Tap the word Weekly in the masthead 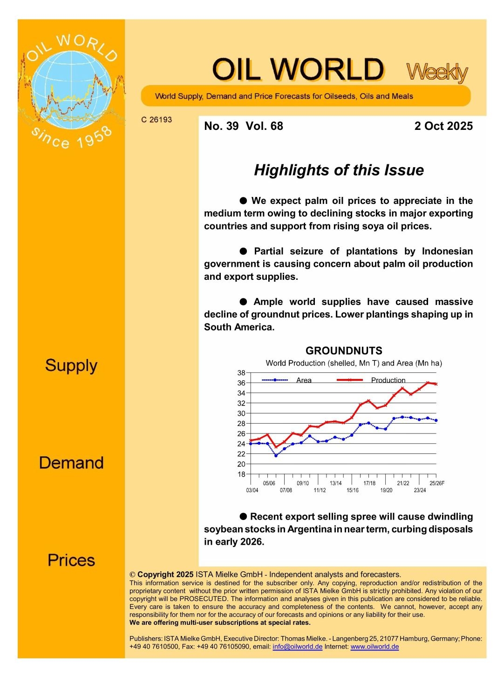tap(437, 72)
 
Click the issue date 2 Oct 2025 tap(443, 126)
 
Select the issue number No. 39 tap(221, 126)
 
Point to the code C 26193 tap(157, 120)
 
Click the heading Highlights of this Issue tap(339, 170)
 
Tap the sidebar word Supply tap(71, 366)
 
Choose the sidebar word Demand tap(71, 463)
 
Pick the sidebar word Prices tap(71, 560)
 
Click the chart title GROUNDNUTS tap(344, 351)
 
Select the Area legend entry tap(304, 380)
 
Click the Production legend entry tap(388, 380)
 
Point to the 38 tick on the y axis tap(241, 373)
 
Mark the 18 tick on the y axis tap(241, 474)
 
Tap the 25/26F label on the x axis tap(436, 483)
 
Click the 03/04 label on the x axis tap(252, 490)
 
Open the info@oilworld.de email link tap(297, 647)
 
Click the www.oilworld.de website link tap(375, 647)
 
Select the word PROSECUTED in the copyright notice tap(202, 599)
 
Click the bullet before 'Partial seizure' tap(243, 251)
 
